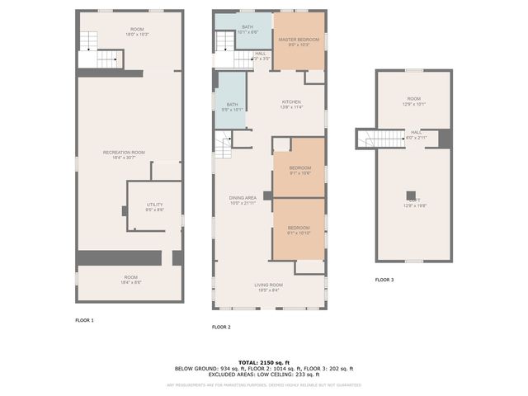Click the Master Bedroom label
point(299,42)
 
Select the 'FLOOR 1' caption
point(85,320)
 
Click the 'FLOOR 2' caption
point(221,328)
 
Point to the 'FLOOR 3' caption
point(384,280)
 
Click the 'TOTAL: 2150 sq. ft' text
point(263,362)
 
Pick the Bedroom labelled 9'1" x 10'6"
point(299,171)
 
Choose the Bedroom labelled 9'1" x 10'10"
point(299,230)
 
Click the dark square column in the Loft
point(410,195)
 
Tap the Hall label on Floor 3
point(417,134)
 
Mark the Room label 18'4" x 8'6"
point(131,280)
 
